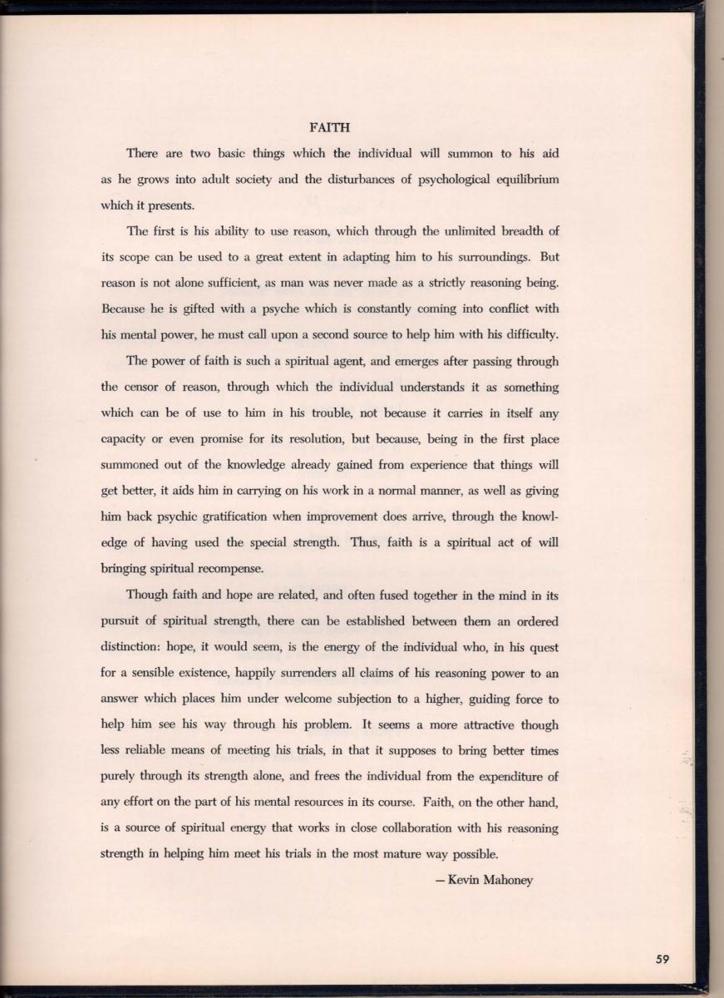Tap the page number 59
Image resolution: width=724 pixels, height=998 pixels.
[662, 959]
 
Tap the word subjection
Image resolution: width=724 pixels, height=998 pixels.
[372, 699]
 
